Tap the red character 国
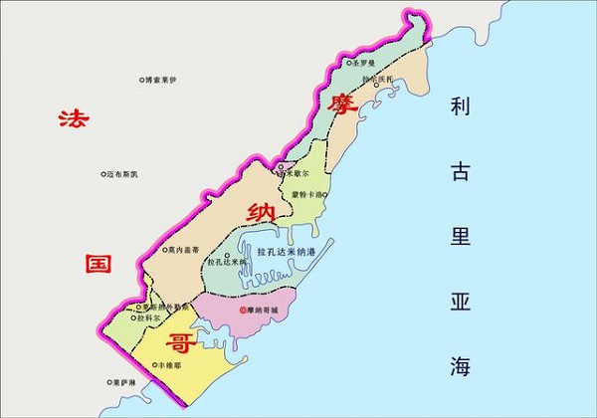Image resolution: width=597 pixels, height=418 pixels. click(97, 264)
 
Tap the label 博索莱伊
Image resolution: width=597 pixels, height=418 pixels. click(161, 80)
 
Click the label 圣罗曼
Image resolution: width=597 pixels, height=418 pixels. click(365, 63)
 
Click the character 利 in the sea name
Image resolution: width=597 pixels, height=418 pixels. click(459, 107)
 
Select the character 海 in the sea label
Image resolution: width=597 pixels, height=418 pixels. click(459, 365)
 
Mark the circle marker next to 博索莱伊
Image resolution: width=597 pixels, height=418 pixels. click(140, 80)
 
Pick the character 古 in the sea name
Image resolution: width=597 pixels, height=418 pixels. click(459, 172)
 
